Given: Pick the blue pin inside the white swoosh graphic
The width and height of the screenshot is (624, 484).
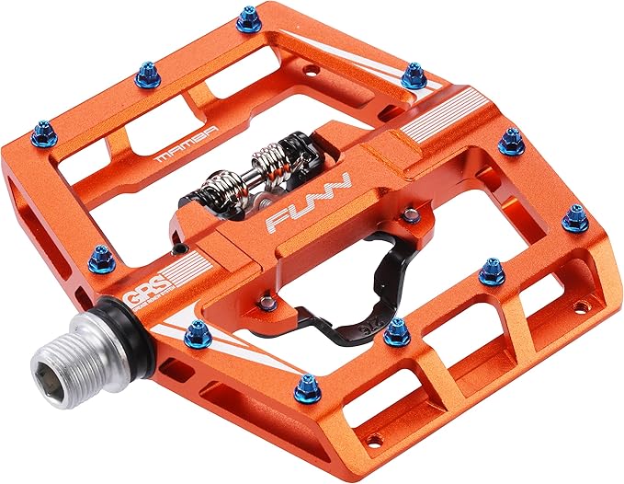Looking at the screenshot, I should pos(197,334).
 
